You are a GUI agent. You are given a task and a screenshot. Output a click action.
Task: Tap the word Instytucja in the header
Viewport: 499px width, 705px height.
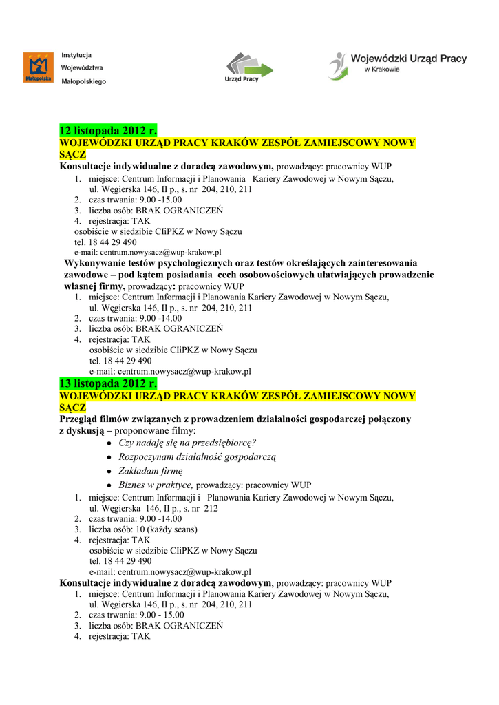click(76, 55)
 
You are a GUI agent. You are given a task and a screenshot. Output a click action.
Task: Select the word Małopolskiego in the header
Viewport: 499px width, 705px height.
click(84, 81)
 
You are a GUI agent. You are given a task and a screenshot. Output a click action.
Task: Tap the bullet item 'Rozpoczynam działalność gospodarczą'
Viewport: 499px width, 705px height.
click(197, 457)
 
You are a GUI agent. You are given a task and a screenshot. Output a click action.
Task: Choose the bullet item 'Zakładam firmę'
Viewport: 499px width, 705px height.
click(151, 471)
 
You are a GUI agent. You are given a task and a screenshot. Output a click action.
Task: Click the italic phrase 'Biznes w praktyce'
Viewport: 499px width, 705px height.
click(156, 485)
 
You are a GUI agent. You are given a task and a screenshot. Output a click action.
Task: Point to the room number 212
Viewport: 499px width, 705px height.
click(211, 508)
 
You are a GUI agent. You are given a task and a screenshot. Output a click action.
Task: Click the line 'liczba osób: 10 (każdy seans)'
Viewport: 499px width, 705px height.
click(143, 529)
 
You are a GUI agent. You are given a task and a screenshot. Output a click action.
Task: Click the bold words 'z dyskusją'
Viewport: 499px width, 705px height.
click(80, 430)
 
